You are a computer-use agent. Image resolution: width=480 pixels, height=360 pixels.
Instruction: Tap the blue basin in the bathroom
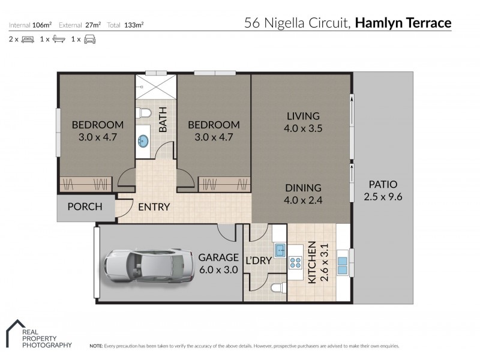[x=143, y=141]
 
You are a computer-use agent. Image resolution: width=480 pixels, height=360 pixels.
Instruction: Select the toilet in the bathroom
[x=144, y=112]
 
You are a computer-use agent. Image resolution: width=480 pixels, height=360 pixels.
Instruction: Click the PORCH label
[x=85, y=207]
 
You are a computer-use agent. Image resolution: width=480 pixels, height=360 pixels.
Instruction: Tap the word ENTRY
[x=154, y=207]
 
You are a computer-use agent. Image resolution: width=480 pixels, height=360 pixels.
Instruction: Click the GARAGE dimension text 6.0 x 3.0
[x=218, y=270]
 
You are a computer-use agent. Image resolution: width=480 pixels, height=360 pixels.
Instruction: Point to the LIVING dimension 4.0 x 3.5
[x=303, y=128]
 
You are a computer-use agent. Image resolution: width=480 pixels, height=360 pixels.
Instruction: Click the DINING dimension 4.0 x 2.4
[x=303, y=200]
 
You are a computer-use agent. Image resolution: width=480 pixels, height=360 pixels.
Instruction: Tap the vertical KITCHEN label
[x=313, y=262]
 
